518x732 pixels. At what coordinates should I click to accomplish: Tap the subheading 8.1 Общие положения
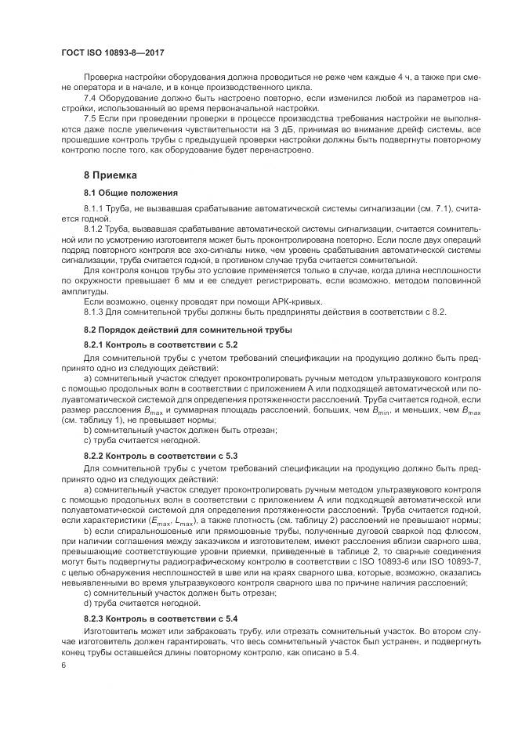coord(130,193)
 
